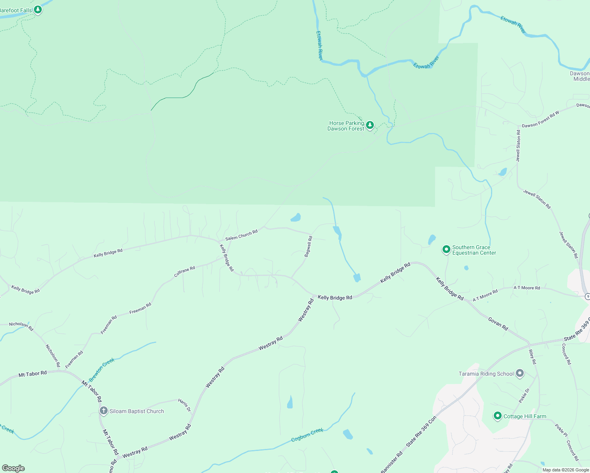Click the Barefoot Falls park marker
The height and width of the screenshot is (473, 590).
tap(37, 9)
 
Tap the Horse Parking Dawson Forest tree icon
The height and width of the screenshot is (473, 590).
tap(370, 125)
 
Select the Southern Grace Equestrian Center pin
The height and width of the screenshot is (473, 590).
tap(446, 250)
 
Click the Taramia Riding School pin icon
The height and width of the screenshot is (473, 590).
tap(520, 373)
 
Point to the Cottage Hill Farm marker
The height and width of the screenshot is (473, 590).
tap(497, 416)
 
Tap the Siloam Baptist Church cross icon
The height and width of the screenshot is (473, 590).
tap(103, 411)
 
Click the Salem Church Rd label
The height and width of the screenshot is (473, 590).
tap(241, 235)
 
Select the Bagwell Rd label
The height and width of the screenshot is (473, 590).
tap(308, 246)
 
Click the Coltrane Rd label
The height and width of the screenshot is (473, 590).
tap(185, 272)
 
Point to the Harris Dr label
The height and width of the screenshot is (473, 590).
tap(184, 405)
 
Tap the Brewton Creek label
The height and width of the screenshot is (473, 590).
tap(101, 370)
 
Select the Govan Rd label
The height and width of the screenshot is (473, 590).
tap(498, 324)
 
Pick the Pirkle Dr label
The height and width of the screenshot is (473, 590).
tap(524, 396)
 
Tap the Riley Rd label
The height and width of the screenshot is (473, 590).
tap(532, 357)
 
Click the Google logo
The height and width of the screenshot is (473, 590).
tap(13, 468)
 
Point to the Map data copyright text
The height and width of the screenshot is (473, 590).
tap(566, 470)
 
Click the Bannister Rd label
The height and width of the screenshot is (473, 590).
tap(392, 462)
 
